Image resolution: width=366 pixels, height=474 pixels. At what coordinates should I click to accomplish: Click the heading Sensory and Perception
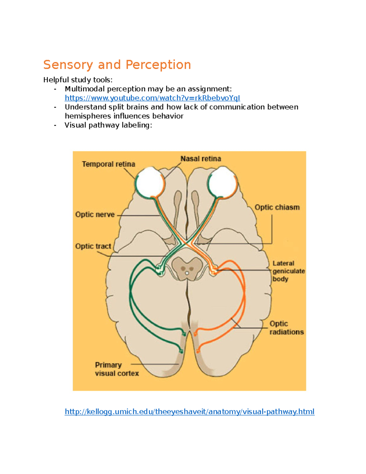pos(117,65)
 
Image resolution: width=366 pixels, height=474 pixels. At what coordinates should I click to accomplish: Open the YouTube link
pos(152,98)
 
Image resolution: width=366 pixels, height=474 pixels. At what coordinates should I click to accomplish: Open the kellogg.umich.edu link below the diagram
pos(189,412)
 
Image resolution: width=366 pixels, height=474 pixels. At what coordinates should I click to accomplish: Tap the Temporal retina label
pos(108,164)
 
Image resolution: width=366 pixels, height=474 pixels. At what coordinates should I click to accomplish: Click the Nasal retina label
pos(200,159)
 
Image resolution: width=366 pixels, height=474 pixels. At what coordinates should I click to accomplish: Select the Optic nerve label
pos(95,215)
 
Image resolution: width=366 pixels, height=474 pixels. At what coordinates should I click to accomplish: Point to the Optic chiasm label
pos(277,208)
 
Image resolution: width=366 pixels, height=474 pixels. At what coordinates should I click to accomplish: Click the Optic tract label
pos(93,246)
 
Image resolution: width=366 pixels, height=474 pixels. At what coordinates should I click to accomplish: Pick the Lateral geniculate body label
pos(288,271)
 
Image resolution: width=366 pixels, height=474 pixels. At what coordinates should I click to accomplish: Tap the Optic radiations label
pos(286,328)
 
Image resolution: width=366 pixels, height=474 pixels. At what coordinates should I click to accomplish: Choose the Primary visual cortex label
pos(117,369)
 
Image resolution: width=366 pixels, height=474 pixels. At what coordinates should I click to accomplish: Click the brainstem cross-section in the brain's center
pos(187,268)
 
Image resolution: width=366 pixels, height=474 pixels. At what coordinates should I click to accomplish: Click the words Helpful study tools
pos(78,80)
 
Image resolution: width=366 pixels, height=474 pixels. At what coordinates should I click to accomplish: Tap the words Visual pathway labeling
pos(108,125)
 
